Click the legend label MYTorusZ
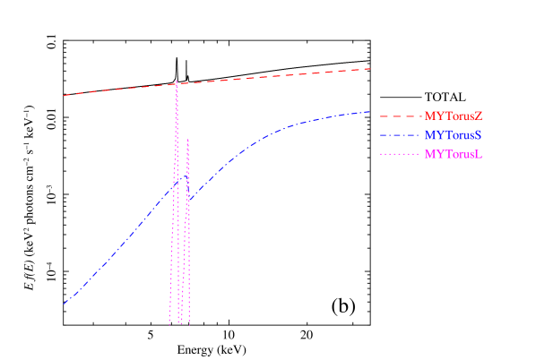point(454,116)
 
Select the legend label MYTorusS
point(454,135)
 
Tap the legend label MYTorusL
point(454,154)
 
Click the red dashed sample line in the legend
point(399,116)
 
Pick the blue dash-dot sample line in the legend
point(399,135)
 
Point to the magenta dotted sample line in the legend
point(399,154)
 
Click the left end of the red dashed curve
point(63,95)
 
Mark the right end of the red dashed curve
point(371,69)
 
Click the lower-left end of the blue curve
point(64,304)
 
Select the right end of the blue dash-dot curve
point(371,111)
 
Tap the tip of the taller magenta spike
point(177,81)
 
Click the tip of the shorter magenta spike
point(187,139)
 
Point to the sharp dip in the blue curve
point(187,201)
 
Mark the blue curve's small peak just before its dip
point(182,176)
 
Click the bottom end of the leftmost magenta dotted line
point(169,324)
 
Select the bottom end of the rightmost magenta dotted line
point(189,324)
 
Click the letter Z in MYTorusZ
point(479,116)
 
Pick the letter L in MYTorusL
point(480,154)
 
